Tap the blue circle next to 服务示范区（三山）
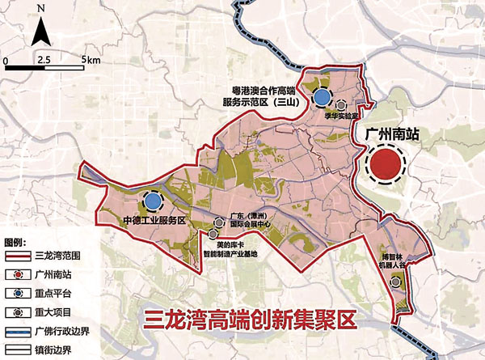(322, 98)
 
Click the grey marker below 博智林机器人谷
(395, 282)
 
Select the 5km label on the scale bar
(90, 60)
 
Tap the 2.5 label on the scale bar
(43, 60)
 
